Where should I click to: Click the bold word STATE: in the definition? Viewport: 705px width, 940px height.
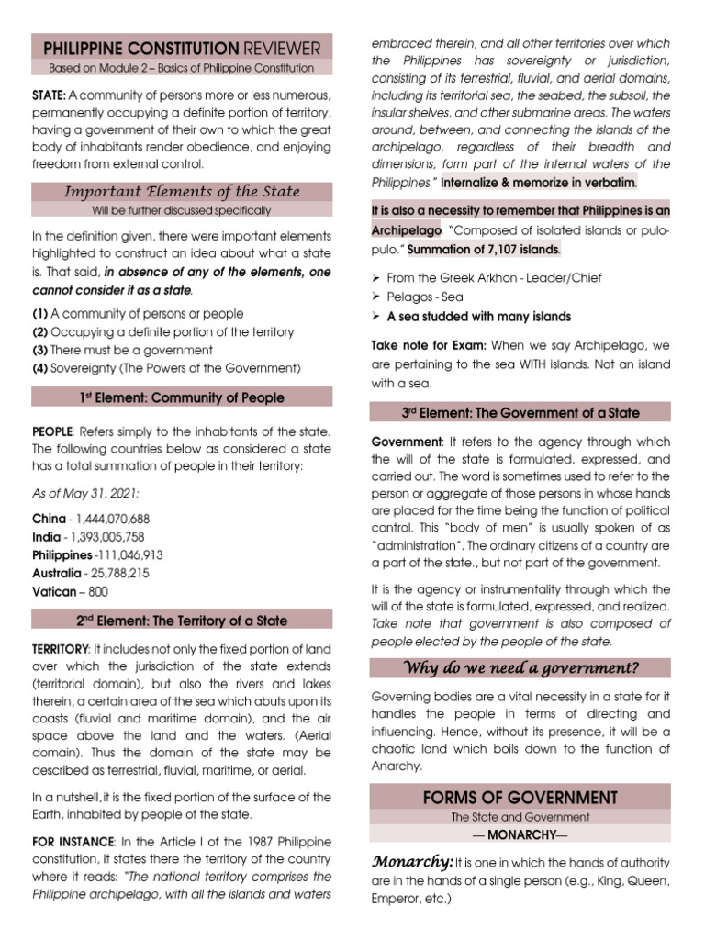[x=49, y=96]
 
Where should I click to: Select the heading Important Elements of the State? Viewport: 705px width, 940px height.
[x=182, y=192]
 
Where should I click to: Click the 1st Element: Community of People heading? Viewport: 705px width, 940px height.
[x=182, y=398]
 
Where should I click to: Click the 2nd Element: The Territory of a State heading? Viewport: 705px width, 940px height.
[x=182, y=621]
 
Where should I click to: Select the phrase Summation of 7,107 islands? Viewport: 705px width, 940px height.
[x=485, y=250]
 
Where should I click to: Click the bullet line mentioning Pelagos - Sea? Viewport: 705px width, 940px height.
[x=425, y=297]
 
